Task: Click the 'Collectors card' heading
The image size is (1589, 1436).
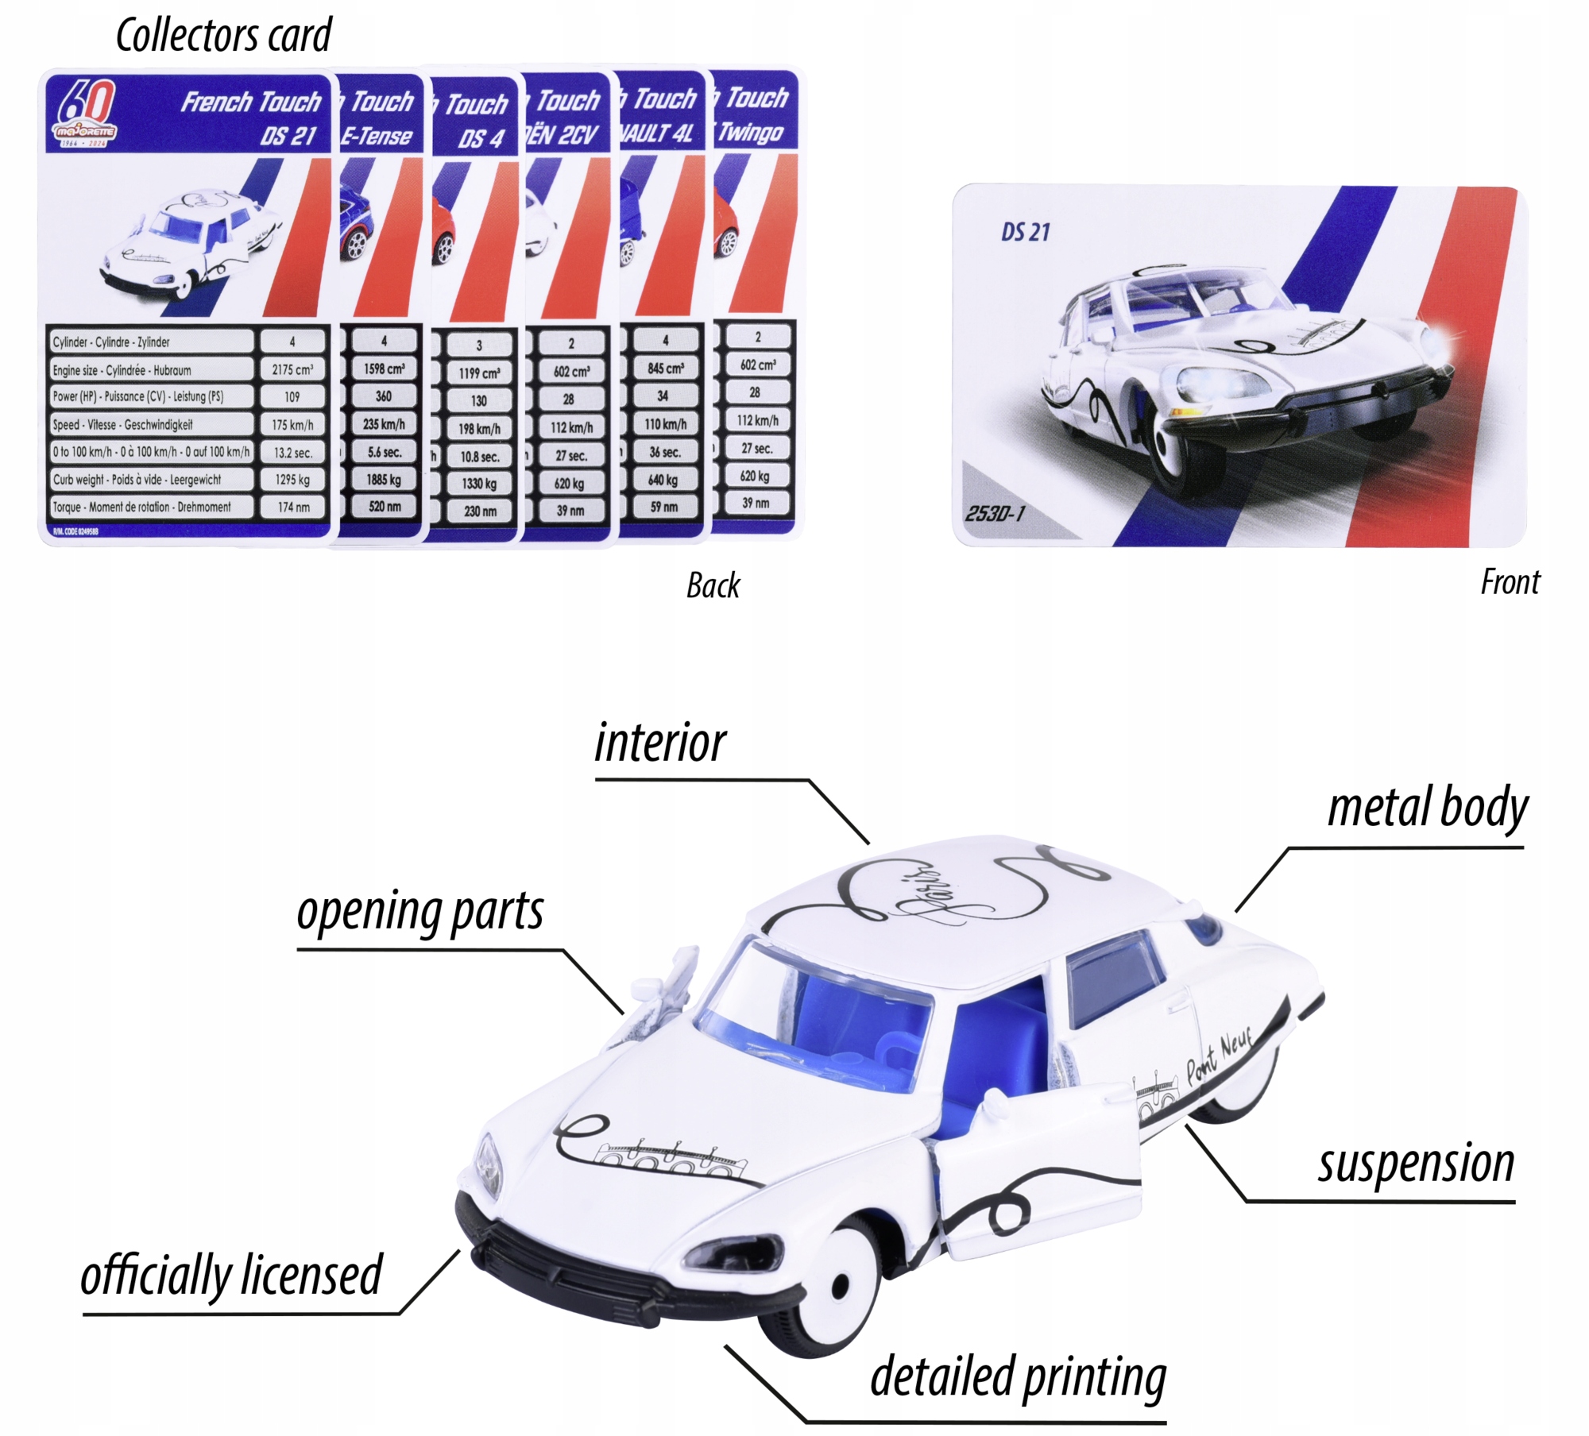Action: [223, 36]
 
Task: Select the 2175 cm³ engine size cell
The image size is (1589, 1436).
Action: [292, 369]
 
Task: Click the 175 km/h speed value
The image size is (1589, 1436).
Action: [292, 425]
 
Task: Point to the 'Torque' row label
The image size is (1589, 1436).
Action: [141, 507]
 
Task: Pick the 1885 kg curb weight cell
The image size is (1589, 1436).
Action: [384, 480]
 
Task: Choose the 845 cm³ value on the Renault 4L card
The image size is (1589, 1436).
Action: [665, 369]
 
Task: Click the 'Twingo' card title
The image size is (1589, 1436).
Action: [751, 132]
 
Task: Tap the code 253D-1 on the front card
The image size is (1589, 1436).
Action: [995, 513]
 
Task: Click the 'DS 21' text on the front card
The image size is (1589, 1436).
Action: [1025, 232]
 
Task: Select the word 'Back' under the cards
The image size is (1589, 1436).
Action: [713, 586]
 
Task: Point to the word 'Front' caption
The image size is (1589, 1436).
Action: [1510, 582]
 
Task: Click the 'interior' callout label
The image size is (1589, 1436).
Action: [659, 744]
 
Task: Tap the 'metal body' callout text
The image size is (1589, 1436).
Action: [1427, 809]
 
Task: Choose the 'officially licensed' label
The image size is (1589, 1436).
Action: [231, 1276]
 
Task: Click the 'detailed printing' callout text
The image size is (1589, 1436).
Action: [1018, 1377]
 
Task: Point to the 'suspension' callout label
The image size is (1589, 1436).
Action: [1416, 1164]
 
